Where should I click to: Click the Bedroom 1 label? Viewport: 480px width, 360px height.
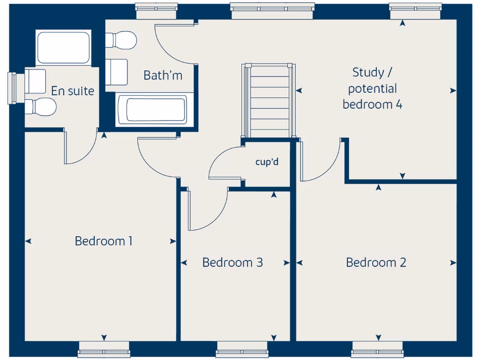tap(103, 241)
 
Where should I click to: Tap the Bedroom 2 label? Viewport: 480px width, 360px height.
tap(376, 262)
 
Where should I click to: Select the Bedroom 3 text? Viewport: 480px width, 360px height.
tap(232, 262)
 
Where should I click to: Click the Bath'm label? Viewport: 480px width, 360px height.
tap(163, 75)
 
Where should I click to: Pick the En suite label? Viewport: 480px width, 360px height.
tap(72, 91)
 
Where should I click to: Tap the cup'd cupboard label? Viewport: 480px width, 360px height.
tap(267, 162)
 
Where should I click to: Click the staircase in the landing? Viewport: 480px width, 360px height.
tap(269, 101)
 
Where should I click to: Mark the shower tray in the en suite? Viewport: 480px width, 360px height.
tap(63, 47)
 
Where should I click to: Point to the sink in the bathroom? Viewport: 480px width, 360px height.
tap(117, 71)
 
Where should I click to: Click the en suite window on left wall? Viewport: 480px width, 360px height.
tap(13, 88)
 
